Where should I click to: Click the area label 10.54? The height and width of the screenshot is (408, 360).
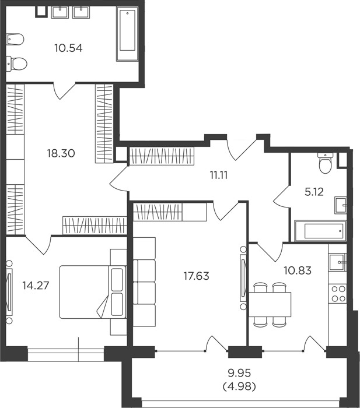pos(68,48)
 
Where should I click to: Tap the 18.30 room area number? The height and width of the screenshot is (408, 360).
pos(61,153)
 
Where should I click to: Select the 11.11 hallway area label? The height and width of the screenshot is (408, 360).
pos(219,175)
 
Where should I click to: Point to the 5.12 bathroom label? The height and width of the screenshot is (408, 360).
pos(314,192)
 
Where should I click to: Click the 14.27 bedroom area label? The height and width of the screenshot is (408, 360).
pos(36,286)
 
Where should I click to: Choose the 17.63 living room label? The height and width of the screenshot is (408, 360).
pos(197,276)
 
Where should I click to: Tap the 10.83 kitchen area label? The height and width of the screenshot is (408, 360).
pos(298,270)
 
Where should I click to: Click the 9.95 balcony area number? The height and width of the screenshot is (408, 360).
pos(239,374)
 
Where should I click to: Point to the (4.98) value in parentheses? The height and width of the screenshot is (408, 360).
pos(239,386)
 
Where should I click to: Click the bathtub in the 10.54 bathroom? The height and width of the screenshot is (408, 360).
pos(127,34)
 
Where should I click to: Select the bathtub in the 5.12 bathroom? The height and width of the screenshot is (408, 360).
pos(320,231)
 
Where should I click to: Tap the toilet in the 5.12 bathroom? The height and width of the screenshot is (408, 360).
pos(325,163)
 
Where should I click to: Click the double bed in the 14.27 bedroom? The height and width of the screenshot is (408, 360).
pos(93,292)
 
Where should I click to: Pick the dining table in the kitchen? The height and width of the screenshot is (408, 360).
pos(270,304)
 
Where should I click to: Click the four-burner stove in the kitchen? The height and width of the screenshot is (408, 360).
pos(338,294)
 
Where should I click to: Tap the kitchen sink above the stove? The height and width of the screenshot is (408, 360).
pos(338,262)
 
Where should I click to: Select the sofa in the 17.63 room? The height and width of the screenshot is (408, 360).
pos(144,282)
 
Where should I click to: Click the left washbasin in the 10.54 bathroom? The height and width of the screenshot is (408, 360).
pos(60,12)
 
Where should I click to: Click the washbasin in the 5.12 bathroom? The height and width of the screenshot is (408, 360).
pos(341,205)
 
